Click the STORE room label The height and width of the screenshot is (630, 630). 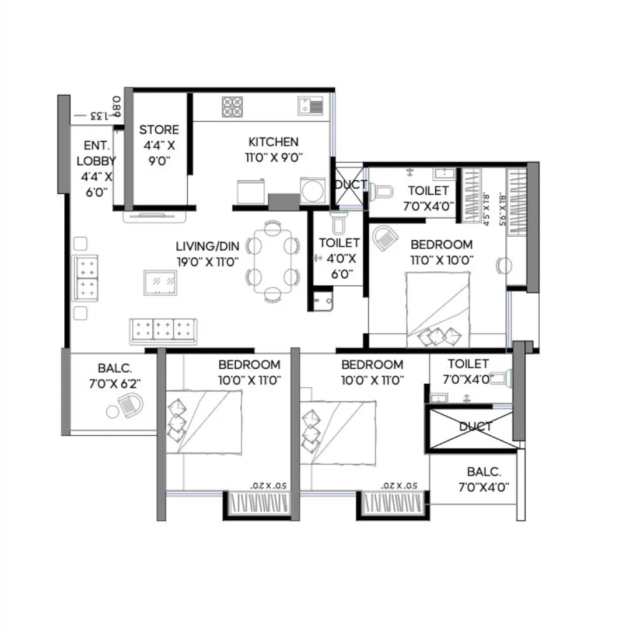click(x=159, y=129)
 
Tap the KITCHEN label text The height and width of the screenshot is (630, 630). click(x=273, y=142)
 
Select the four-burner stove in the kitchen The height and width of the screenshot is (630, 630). click(x=232, y=107)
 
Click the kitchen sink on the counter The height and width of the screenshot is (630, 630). click(x=310, y=106)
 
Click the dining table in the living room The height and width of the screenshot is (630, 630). click(x=272, y=261)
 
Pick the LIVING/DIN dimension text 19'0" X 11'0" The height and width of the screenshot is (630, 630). click(x=207, y=262)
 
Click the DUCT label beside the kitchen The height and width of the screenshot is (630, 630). click(x=350, y=185)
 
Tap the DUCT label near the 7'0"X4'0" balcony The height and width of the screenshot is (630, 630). click(x=475, y=427)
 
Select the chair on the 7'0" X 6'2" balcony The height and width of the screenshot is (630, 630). click(x=131, y=405)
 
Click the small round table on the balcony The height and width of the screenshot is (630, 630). click(x=113, y=412)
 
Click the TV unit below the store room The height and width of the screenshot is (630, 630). click(x=155, y=216)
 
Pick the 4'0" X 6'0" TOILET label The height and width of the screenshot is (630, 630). click(x=339, y=258)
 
